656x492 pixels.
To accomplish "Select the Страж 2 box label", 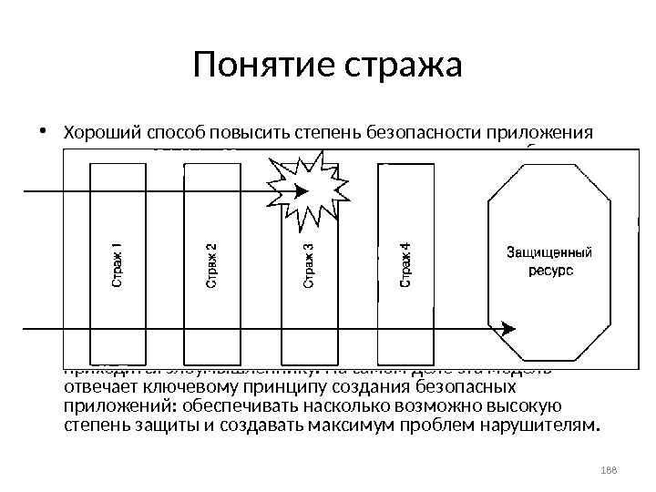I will [211, 264].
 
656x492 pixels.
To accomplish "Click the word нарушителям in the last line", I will [534, 424].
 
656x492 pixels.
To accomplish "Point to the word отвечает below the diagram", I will [99, 385].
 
